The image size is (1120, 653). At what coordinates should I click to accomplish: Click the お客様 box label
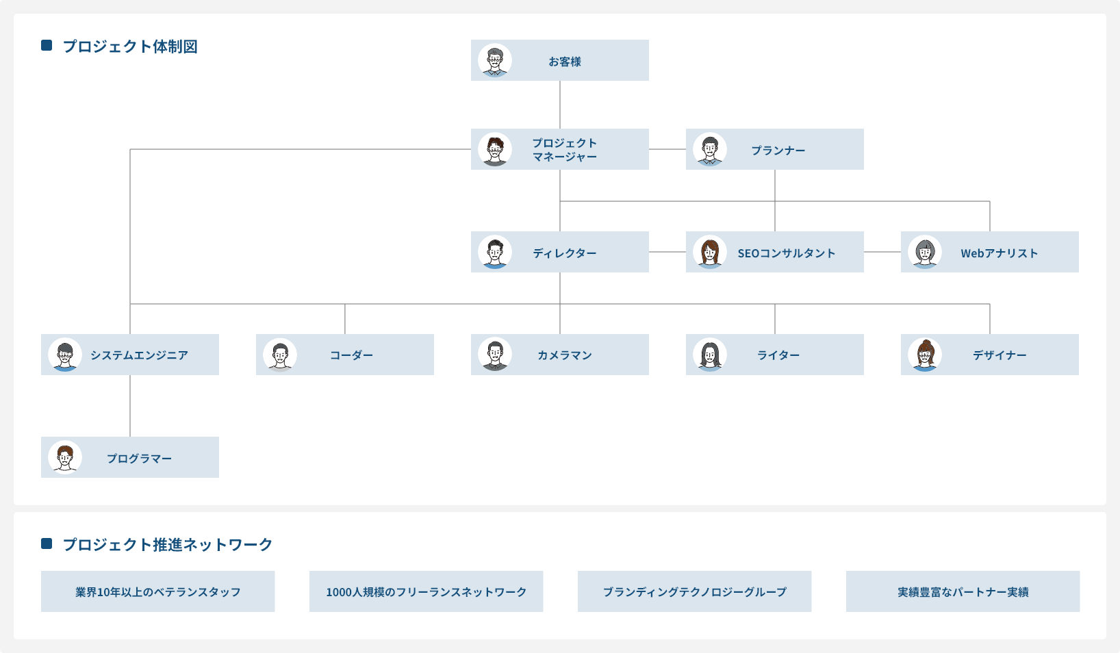(564, 62)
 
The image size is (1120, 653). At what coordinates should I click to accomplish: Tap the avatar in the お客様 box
(495, 61)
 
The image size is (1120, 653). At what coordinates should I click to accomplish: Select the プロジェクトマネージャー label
(565, 150)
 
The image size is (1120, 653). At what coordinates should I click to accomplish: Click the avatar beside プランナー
(710, 150)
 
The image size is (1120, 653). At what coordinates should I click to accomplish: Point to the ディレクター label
(565, 253)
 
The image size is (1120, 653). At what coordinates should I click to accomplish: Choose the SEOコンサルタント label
(787, 253)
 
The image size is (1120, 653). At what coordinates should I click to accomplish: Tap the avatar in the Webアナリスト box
(925, 253)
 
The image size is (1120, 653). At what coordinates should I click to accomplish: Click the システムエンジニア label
(139, 355)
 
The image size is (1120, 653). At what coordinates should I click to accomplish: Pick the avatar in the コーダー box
(280, 355)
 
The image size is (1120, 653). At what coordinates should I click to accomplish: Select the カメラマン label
(565, 355)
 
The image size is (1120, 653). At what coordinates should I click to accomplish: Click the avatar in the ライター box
(710, 355)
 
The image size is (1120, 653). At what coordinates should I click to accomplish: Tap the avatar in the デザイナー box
(925, 355)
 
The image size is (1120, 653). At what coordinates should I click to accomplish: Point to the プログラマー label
(139, 459)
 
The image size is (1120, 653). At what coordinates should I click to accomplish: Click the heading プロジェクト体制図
(130, 47)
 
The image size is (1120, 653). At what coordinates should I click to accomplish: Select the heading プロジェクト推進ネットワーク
(168, 545)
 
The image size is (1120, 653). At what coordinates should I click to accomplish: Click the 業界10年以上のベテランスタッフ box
(157, 591)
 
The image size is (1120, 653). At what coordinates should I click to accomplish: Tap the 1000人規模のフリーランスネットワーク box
(426, 591)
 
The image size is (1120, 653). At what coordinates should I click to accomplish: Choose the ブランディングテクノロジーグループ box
(694, 591)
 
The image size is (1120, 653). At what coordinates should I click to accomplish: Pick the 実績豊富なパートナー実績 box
(963, 591)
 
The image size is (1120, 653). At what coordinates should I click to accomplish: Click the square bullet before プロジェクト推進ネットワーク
(47, 543)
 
